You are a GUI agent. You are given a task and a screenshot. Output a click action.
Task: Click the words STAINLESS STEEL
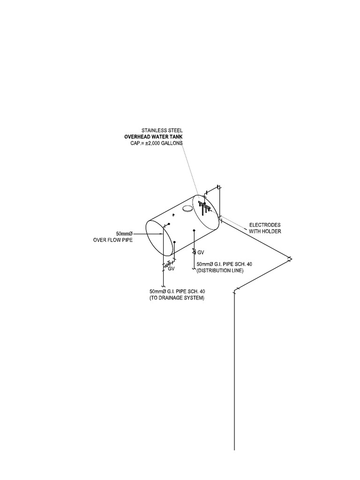(x=162, y=130)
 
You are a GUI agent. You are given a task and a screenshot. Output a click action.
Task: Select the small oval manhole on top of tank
(x=187, y=208)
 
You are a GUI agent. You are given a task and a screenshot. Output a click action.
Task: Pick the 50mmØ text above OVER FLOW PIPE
(x=124, y=233)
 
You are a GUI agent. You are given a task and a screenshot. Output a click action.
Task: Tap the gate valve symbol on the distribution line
(x=195, y=252)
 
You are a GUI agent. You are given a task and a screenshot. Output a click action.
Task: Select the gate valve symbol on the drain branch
(x=168, y=264)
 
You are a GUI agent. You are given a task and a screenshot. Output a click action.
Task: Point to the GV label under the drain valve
(x=171, y=270)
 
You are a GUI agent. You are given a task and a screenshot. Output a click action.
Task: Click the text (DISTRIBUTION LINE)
(x=220, y=271)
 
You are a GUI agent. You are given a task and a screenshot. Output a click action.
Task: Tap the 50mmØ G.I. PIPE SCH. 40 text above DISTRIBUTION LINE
(x=224, y=264)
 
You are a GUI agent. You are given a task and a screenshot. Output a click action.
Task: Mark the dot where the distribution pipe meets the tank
(x=195, y=231)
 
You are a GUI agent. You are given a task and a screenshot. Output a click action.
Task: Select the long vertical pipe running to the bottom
(x=234, y=375)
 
